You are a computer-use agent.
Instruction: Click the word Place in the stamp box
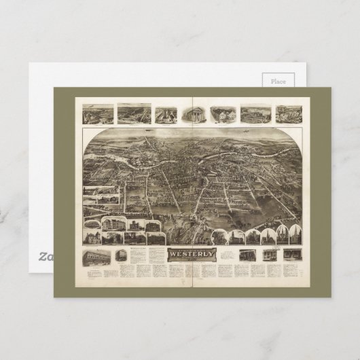tap(279, 81)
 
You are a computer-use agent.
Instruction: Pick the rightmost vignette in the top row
tap(287, 114)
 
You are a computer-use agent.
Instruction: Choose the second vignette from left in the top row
tap(133, 113)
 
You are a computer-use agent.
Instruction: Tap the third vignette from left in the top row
tap(165, 114)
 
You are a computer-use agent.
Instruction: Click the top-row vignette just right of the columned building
tap(222, 114)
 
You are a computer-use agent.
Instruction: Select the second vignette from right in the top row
tap(255, 114)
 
